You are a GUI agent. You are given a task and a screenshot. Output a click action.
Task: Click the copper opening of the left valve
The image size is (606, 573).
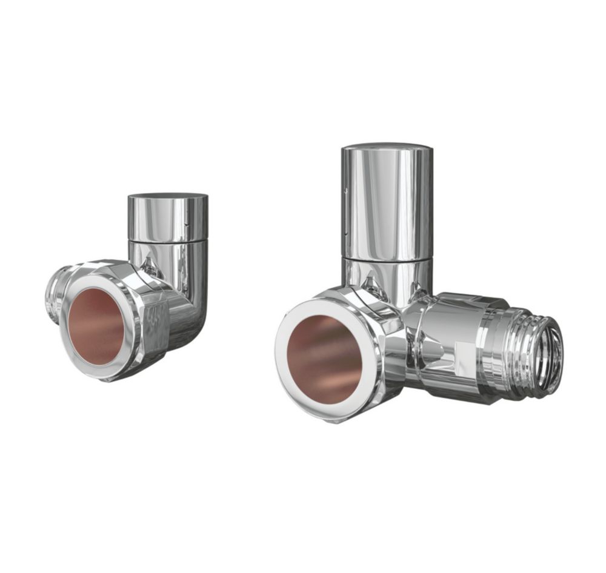pyautogui.click(x=95, y=326)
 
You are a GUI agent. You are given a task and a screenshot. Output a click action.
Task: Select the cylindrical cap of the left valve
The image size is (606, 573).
pyautogui.click(x=168, y=218)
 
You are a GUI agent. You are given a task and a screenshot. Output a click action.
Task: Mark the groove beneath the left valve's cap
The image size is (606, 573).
pyautogui.click(x=168, y=241)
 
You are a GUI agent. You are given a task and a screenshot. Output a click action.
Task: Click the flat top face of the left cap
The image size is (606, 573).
pyautogui.click(x=168, y=196)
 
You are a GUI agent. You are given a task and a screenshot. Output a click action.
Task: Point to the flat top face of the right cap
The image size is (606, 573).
pyautogui.click(x=387, y=147)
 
